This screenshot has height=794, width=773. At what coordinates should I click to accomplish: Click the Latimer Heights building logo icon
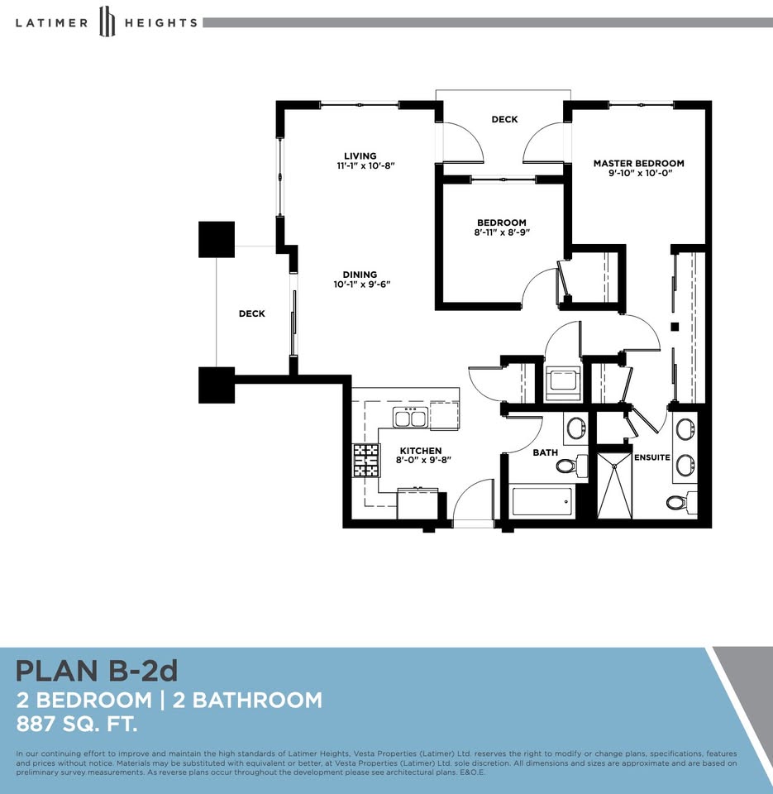tap(107, 22)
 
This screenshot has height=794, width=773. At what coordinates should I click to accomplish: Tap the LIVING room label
tap(360, 156)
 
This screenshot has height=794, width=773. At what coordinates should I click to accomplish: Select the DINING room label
tap(360, 275)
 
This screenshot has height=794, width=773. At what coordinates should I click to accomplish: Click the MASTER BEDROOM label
tap(639, 164)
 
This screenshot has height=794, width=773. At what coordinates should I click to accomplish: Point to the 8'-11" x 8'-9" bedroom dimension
tap(502, 232)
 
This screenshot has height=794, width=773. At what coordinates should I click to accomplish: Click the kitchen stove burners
tap(366, 461)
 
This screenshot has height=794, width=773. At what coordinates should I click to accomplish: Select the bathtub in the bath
tap(542, 501)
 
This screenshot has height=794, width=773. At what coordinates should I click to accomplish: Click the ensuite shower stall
tap(614, 485)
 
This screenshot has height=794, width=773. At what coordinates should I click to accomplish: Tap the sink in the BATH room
tap(576, 428)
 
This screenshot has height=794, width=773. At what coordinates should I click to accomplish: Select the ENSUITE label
tap(652, 457)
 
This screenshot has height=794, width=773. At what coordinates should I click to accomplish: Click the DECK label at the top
tap(504, 119)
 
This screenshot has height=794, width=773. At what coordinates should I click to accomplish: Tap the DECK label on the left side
tap(251, 314)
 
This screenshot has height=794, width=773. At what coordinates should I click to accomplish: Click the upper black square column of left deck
tap(217, 240)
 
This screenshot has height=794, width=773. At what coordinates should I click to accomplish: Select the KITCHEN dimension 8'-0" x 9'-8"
tap(423, 461)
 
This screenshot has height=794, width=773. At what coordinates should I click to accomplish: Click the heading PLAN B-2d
tap(97, 671)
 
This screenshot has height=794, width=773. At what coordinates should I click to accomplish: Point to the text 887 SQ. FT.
tap(76, 725)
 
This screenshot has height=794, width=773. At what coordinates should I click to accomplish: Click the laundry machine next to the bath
tap(562, 383)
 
